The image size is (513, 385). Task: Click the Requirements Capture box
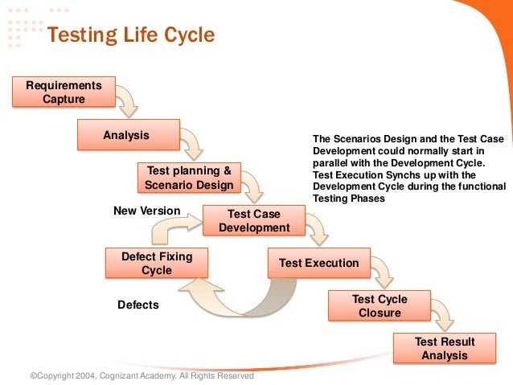pyautogui.click(x=64, y=92)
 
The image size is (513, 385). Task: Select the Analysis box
pyautogui.click(x=126, y=135)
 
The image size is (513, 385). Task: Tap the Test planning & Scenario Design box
pyautogui.click(x=189, y=178)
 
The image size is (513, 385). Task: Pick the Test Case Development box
pyautogui.click(x=253, y=221)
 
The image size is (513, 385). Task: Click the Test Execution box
pyautogui.click(x=318, y=263)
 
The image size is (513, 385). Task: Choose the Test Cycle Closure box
pyautogui.click(x=380, y=305)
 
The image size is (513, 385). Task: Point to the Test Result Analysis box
pyautogui.click(x=444, y=348)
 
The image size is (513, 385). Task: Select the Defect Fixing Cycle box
pyautogui.click(x=157, y=263)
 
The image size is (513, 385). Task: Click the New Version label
pyautogui.click(x=146, y=211)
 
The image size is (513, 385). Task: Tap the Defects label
pyautogui.click(x=138, y=305)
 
